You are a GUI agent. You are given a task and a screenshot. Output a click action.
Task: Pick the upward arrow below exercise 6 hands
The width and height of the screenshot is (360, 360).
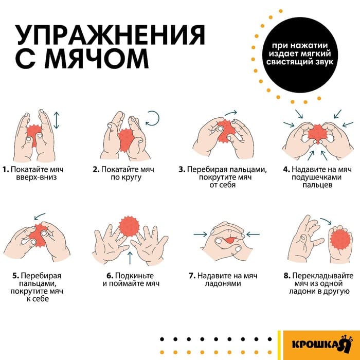[x=130, y=258]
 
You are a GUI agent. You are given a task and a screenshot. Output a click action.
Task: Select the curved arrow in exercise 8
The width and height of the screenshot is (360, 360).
[x=325, y=222]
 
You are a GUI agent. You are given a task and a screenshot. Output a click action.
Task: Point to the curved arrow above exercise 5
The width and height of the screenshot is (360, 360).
[x=38, y=217]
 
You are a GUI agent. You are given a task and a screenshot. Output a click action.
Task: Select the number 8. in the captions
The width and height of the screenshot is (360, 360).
[x=286, y=275]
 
